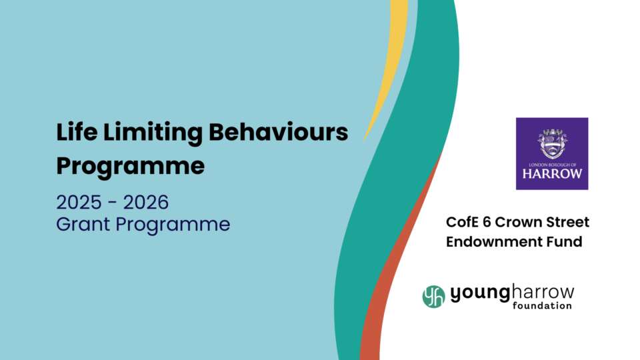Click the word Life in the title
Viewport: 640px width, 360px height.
click(77, 132)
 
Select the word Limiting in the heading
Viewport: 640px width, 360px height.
click(153, 133)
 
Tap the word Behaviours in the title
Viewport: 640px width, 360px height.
click(279, 132)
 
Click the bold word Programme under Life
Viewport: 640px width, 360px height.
click(131, 167)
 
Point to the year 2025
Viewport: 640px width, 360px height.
click(79, 202)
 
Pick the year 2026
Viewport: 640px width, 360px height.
click(146, 202)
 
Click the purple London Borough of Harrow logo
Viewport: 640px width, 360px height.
click(552, 153)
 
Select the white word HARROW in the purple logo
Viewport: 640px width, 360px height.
click(552, 174)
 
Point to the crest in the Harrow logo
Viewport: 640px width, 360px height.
click(552, 143)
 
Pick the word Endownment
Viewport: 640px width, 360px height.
click(487, 241)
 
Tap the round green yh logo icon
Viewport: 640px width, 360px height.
click(433, 296)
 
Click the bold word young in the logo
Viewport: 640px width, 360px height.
click(480, 294)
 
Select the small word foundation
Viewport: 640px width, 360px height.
click(542, 306)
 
